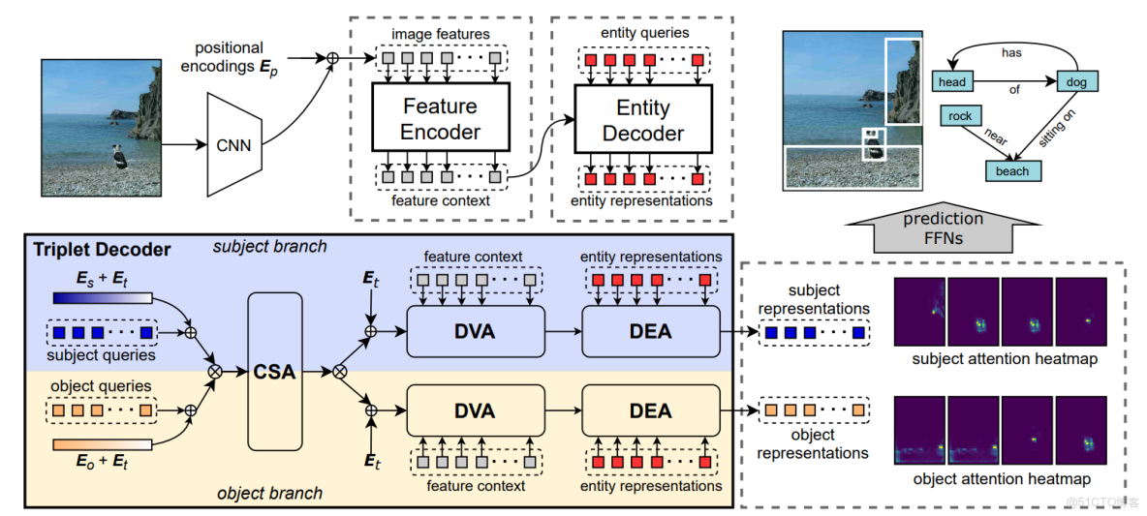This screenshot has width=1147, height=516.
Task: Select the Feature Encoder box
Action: pos(439,118)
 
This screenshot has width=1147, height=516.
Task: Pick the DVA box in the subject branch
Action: pos(475,332)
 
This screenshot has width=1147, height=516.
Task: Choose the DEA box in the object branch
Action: pos(650,410)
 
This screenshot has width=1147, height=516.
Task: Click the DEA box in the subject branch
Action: pos(650,332)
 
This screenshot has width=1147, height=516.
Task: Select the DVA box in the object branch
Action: pos(475,410)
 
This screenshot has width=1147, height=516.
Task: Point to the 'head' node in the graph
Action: pos(951,83)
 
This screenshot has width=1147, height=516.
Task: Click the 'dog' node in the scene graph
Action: pos(1077,83)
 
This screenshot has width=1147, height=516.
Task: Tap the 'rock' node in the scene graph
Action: pos(959,116)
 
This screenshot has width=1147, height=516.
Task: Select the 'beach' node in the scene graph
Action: pos(1012,171)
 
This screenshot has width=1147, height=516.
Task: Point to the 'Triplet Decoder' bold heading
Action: pos(102,250)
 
